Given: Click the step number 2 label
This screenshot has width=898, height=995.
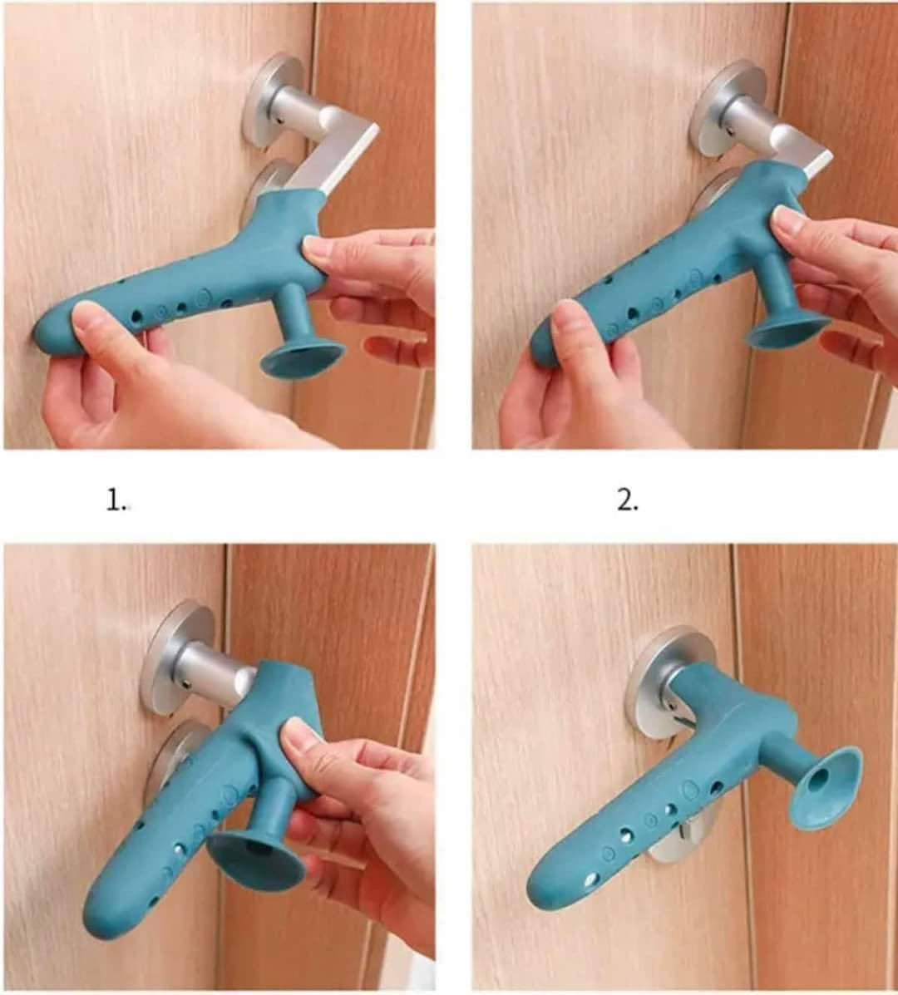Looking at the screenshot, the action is coord(628,501).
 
